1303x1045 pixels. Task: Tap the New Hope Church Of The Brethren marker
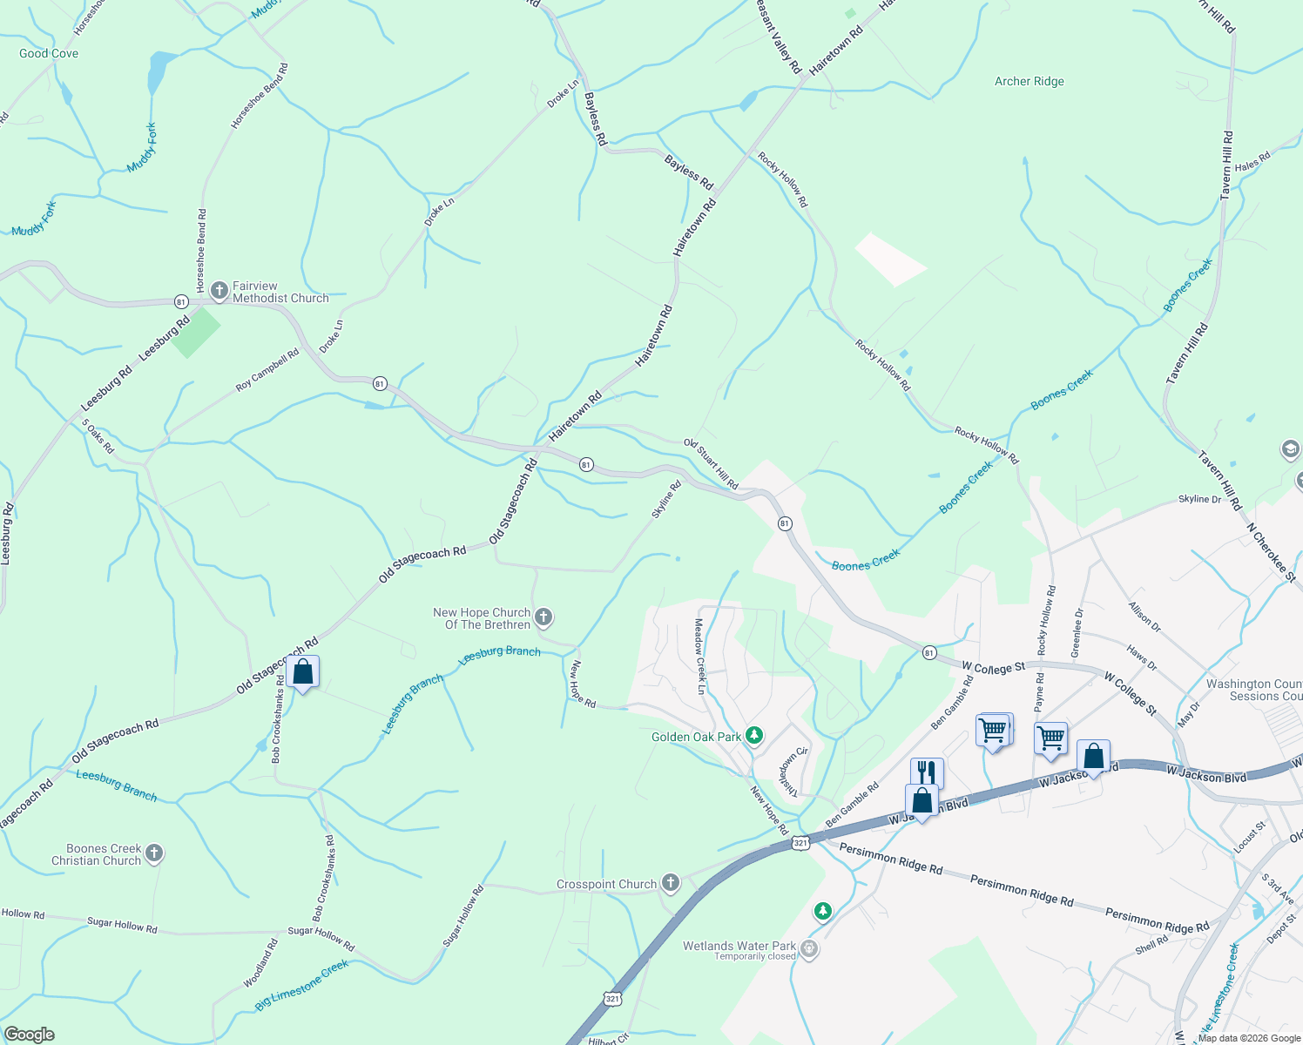(543, 618)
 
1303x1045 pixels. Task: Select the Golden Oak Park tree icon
(754, 737)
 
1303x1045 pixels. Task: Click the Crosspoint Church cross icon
(670, 884)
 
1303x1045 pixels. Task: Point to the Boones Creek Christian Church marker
(154, 853)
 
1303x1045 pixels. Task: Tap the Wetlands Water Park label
(739, 946)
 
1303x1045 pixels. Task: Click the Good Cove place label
(49, 53)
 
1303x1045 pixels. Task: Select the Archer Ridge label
(1030, 81)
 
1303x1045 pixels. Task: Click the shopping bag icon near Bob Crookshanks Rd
(302, 672)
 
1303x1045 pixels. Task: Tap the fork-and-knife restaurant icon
(926, 772)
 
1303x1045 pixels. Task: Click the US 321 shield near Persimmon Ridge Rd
(801, 842)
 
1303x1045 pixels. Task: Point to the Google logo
(29, 1035)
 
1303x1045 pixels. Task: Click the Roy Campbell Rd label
(267, 370)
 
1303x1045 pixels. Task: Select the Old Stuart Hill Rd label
(711, 464)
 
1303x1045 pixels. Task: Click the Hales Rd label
(1252, 161)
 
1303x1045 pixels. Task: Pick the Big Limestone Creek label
(301, 985)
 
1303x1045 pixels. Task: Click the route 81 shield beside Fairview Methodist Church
(181, 301)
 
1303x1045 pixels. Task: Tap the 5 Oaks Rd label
(98, 436)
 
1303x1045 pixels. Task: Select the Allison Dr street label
(1144, 617)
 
